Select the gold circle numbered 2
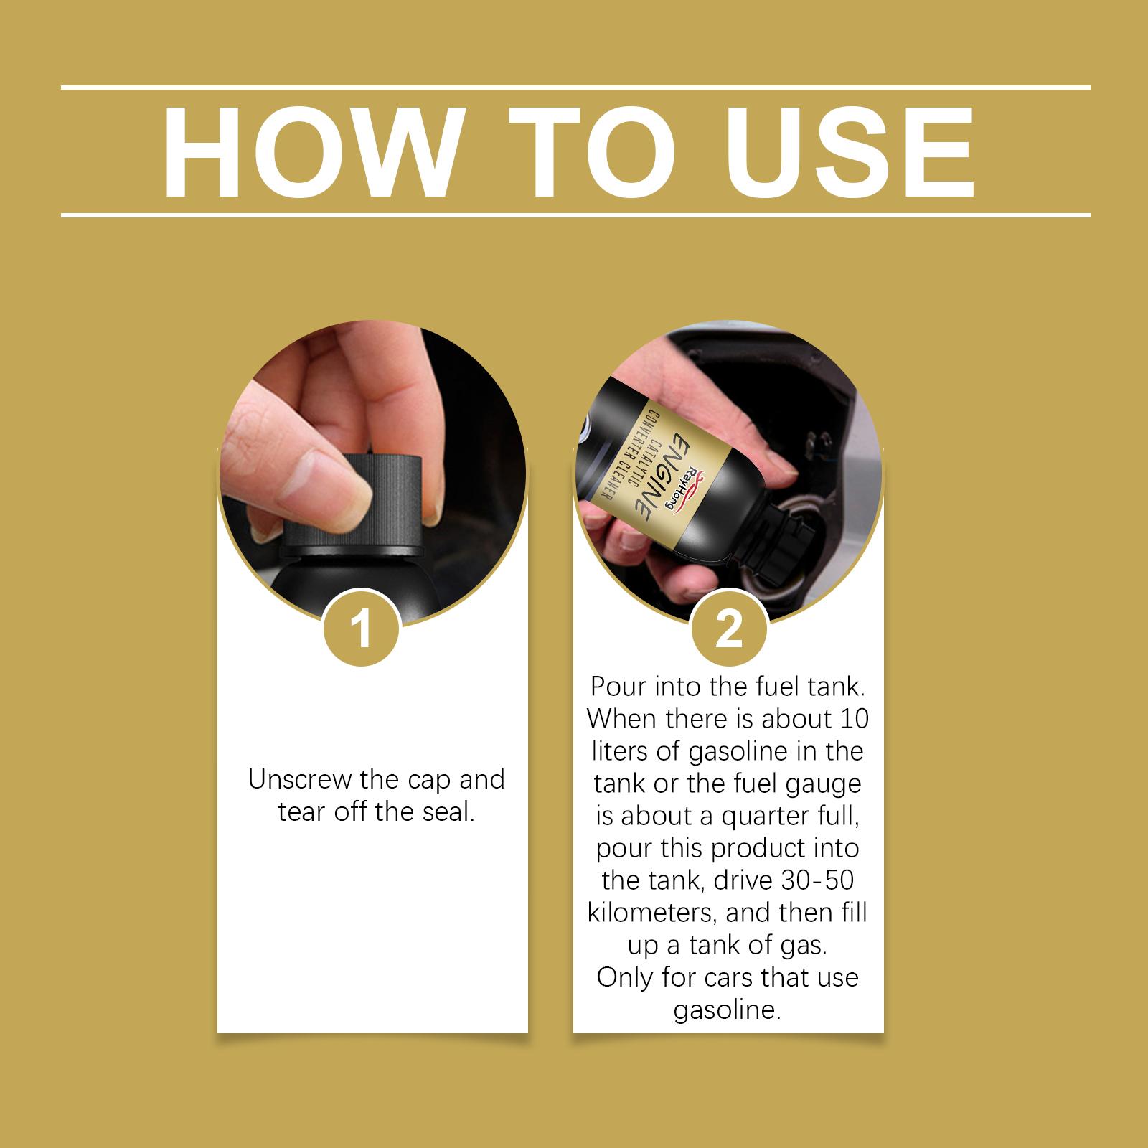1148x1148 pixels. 729,629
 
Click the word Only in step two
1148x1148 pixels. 621,977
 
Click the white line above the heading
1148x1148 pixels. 575,88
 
